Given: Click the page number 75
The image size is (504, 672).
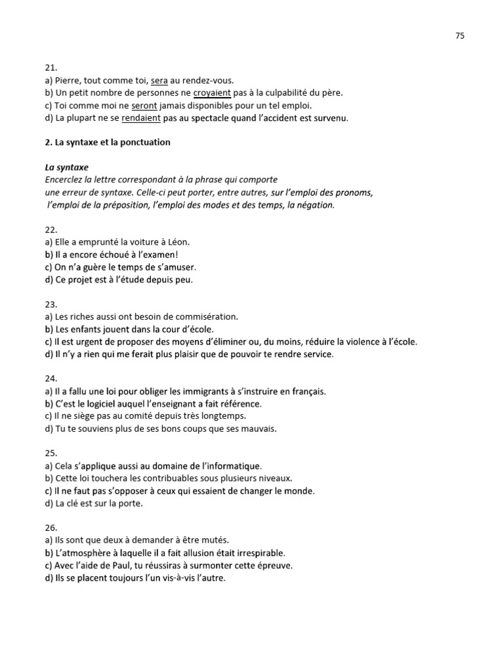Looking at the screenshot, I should tap(459, 36).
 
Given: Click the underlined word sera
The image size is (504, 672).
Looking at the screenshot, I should tap(159, 80).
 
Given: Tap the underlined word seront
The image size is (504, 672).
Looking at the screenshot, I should tap(144, 105).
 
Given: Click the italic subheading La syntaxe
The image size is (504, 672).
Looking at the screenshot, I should tap(67, 167).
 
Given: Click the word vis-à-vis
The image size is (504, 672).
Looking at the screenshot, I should tap(180, 578).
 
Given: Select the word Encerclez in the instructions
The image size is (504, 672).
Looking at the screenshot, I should tap(67, 180).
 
